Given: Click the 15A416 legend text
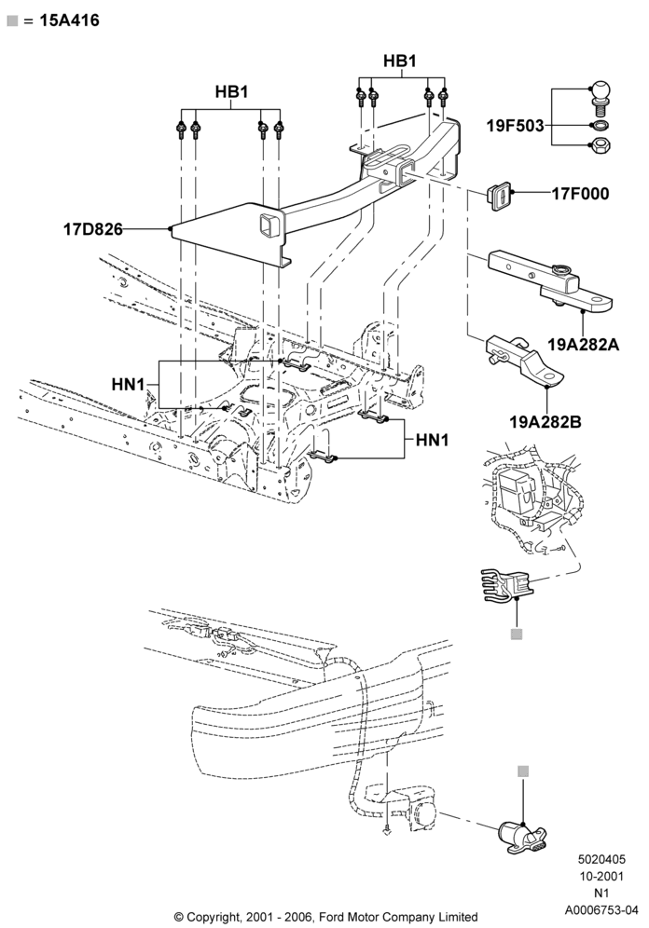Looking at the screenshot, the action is coord(69,20).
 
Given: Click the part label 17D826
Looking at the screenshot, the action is coord(93,229).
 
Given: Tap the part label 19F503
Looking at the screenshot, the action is coord(515,126).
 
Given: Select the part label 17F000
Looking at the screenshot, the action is coord(580,194).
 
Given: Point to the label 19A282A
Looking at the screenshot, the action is coord(584,344).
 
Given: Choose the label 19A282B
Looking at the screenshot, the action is coord(545,422).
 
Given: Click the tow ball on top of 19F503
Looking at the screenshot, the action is coord(601,97).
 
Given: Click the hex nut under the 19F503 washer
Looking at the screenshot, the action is coord(601,143).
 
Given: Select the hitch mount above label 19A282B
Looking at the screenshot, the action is coord(524,362).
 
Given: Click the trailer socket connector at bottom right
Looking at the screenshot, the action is coord(521,837).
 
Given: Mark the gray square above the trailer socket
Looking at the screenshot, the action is coord(523,771).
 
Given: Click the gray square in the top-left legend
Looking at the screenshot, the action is coord(12,20).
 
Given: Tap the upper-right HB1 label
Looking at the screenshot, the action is coord(400,61).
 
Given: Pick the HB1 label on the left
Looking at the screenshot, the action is coord(231,91).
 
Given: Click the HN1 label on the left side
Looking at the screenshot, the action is coord(128,384).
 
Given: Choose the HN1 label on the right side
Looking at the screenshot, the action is coord(433,440).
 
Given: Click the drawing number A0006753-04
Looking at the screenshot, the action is coord(601,909).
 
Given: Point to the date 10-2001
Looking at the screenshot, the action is coord(601,877).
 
